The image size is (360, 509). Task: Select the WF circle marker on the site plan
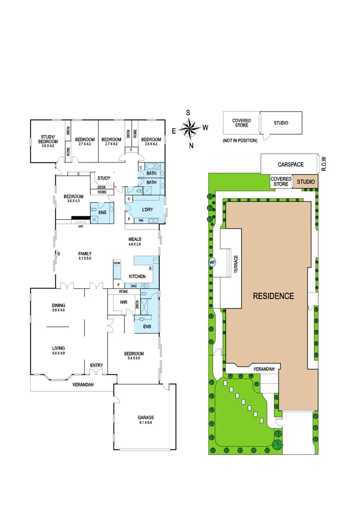(212, 263)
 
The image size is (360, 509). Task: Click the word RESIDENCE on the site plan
(273, 296)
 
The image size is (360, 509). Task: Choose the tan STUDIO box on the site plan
(305, 181)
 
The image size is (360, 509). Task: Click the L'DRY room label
(143, 209)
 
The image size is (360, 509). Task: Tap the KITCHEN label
(137, 276)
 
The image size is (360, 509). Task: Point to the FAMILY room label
(85, 255)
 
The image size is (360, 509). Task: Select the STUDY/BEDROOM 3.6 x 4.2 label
(49, 141)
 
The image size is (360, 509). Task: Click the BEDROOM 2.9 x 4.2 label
(151, 141)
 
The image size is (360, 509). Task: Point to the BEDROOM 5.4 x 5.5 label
(134, 356)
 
